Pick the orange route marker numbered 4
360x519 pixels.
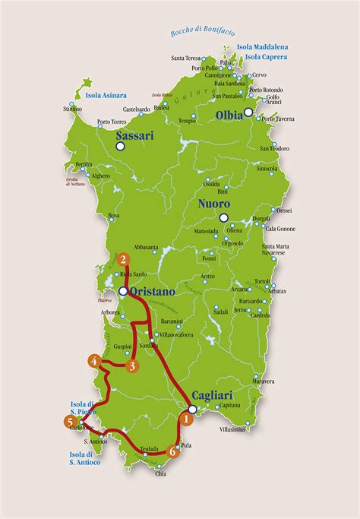tap(95, 361)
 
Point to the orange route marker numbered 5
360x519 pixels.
tap(70, 421)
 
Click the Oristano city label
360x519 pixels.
tap(153, 291)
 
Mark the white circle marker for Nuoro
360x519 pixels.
tap(224, 217)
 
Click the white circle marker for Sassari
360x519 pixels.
tap(120, 146)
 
